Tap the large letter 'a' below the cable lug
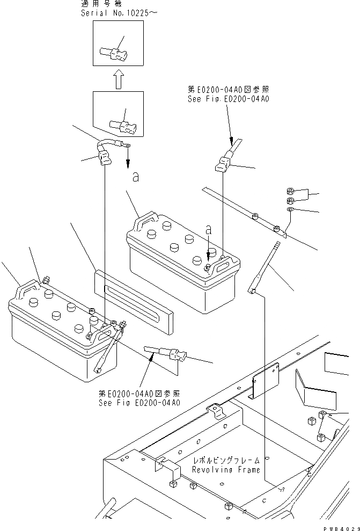click(136, 177)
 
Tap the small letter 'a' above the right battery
click(209, 229)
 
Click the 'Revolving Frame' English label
click(226, 470)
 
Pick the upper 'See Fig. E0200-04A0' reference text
click(228, 99)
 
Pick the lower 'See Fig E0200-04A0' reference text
click(139, 403)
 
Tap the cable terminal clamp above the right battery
click(223, 162)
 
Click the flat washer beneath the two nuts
click(290, 209)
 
